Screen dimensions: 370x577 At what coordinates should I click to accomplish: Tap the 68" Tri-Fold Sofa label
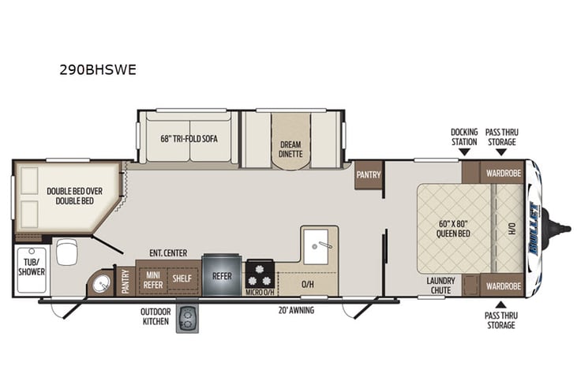189,138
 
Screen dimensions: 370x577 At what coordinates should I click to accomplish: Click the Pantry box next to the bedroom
368,175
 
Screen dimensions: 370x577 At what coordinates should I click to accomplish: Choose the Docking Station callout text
463,136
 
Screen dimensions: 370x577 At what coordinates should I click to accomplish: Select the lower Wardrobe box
502,285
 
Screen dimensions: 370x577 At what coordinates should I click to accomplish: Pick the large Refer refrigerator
222,276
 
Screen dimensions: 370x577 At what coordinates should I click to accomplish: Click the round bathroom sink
101,282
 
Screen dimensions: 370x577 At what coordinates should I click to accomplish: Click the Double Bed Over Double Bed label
69,196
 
